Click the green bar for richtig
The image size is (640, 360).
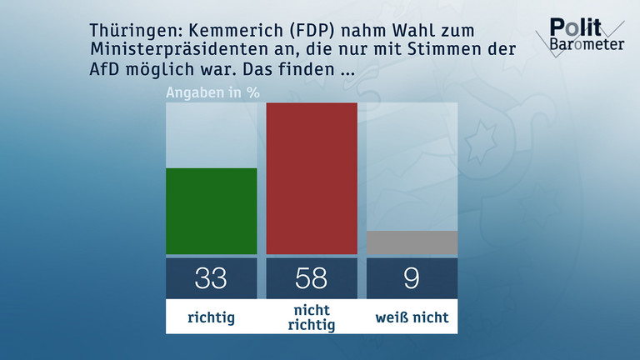click(x=211, y=211)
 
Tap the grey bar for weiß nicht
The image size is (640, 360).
click(x=412, y=242)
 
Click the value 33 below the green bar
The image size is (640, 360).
click(x=211, y=277)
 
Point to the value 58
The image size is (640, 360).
click(x=312, y=277)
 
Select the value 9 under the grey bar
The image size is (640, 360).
click(x=412, y=277)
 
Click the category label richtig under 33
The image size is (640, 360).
click(x=211, y=317)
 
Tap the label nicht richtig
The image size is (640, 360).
click(x=312, y=317)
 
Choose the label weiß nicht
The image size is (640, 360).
click(x=412, y=317)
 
